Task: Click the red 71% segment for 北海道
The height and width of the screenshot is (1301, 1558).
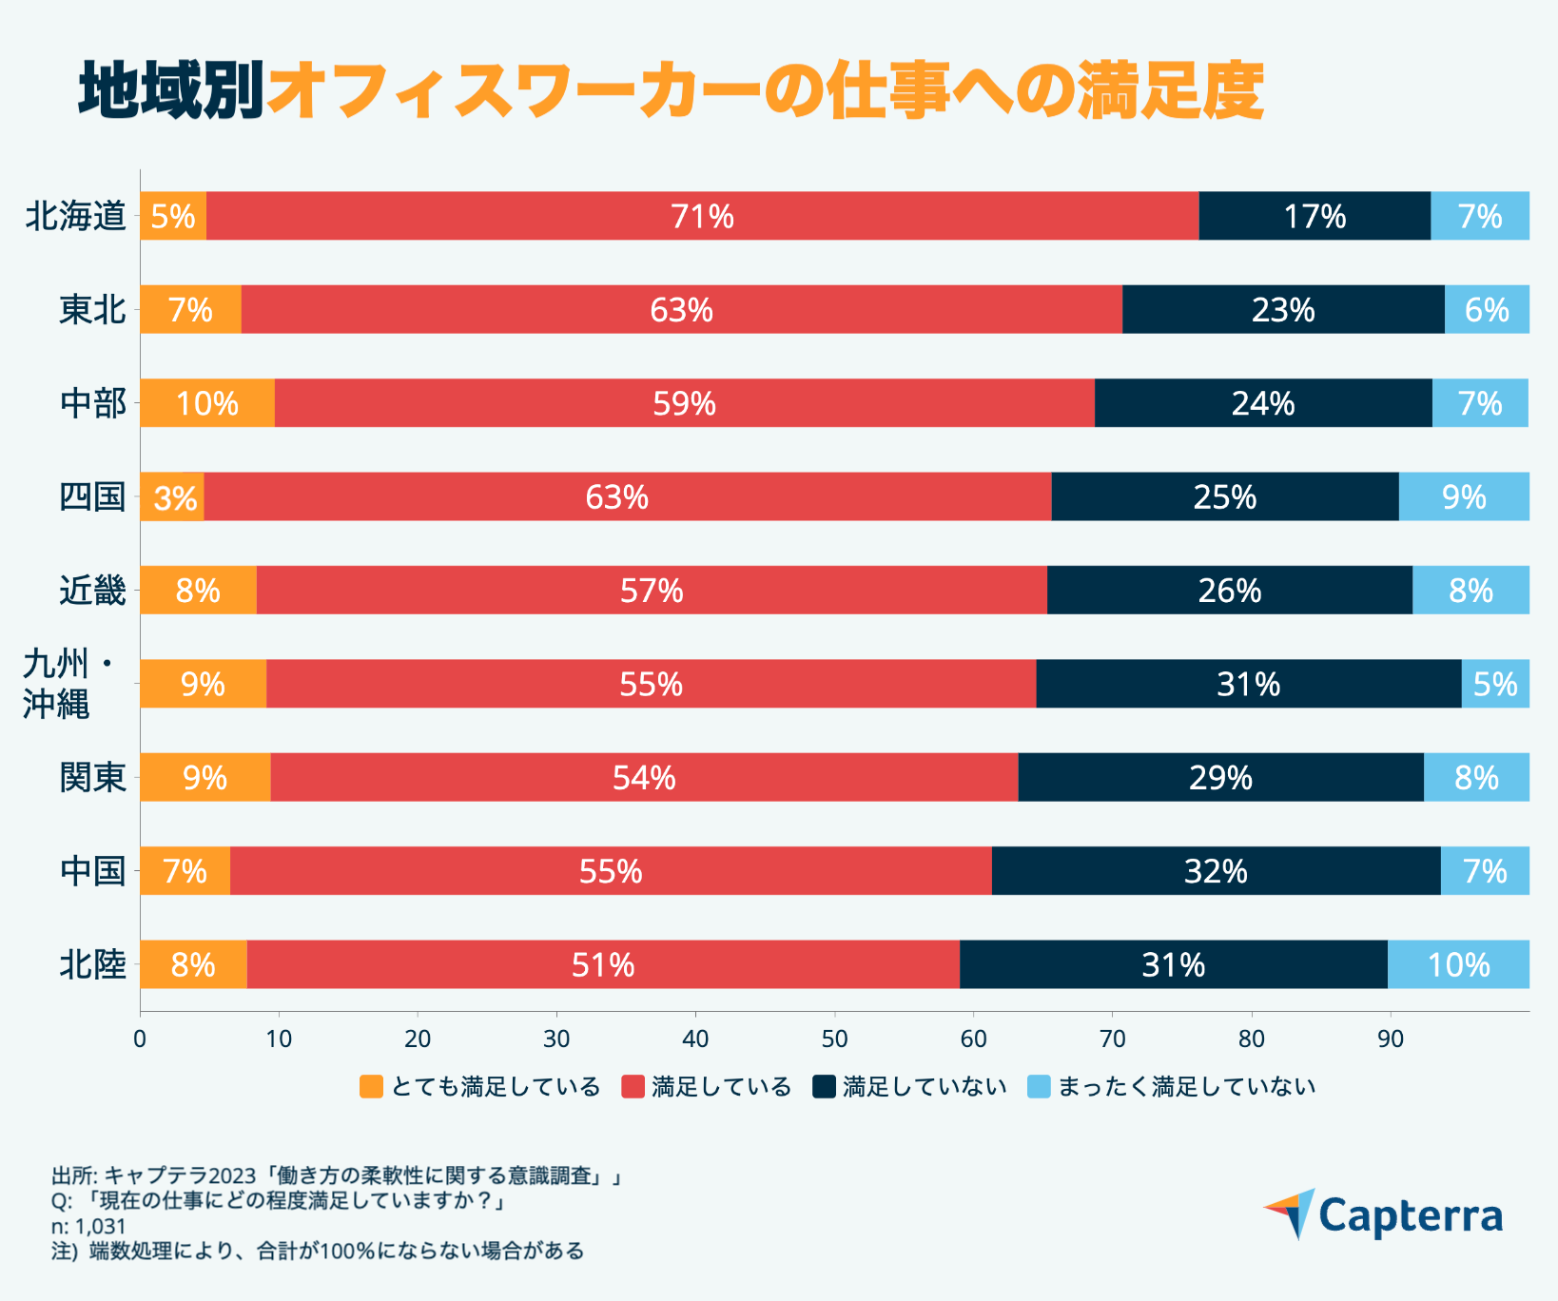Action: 702,216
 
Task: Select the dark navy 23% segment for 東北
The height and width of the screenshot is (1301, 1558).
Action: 1283,309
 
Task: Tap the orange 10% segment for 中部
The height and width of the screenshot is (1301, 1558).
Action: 207,403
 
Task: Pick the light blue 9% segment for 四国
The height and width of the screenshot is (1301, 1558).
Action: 1464,496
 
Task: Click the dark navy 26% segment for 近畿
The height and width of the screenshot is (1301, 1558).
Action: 1229,591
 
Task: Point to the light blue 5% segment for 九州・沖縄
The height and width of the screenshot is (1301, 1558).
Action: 1495,684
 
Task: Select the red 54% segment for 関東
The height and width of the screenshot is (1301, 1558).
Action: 644,778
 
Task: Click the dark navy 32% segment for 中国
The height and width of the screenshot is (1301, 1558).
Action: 1216,871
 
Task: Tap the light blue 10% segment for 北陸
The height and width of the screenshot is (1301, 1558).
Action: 1458,965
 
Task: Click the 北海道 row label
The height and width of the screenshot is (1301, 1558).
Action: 76,217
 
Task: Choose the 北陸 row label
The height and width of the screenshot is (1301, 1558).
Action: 92,965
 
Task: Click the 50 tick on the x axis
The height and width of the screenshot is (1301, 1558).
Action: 834,1039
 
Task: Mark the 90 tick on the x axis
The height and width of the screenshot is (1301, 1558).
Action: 1390,1039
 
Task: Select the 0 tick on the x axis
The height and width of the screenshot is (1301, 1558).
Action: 140,1039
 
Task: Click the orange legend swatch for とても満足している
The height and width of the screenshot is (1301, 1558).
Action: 372,1086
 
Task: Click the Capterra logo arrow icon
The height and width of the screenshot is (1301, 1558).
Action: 1291,1212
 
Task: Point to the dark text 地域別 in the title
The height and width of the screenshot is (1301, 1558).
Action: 171,92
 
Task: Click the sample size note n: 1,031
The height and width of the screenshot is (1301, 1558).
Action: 88,1227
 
